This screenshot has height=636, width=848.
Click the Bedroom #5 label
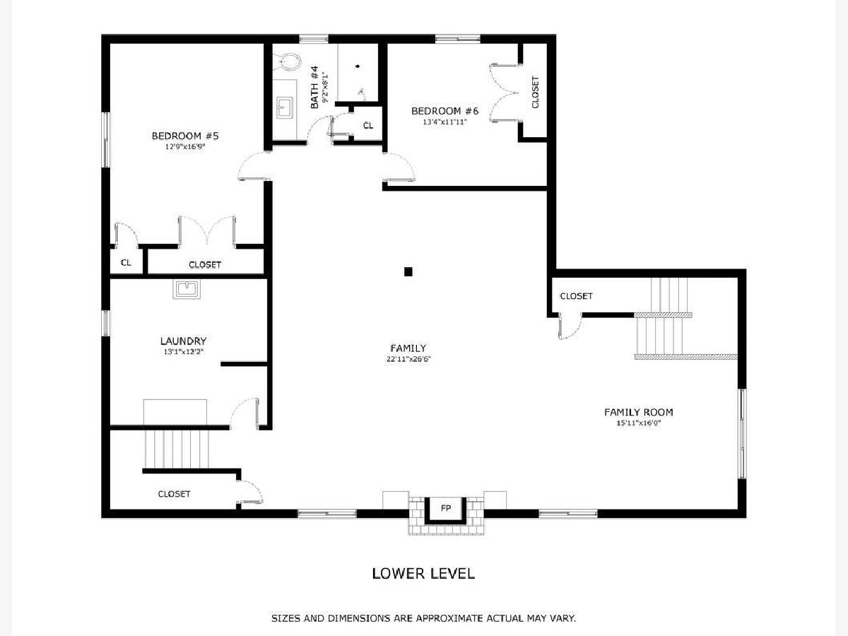(185, 136)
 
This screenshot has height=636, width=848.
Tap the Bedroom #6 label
(444, 111)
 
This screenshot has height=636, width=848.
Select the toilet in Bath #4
(287, 61)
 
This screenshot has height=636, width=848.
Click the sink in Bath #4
(285, 107)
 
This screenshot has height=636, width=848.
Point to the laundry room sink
(187, 289)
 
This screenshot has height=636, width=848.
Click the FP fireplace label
(446, 508)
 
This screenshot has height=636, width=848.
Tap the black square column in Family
(408, 272)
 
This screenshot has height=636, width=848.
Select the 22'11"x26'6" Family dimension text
(408, 359)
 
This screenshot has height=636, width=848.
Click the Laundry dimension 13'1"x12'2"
(183, 352)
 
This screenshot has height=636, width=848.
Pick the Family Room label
(639, 413)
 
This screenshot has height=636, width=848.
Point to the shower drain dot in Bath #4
(358, 66)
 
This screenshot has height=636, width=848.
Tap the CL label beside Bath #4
(368, 126)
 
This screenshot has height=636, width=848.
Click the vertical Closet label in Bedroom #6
(535, 92)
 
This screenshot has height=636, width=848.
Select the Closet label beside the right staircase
(576, 296)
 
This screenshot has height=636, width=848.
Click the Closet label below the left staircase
(174, 494)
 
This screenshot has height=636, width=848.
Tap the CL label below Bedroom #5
(126, 263)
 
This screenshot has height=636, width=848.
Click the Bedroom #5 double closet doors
(207, 231)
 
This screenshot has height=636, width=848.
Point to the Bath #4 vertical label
(314, 87)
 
